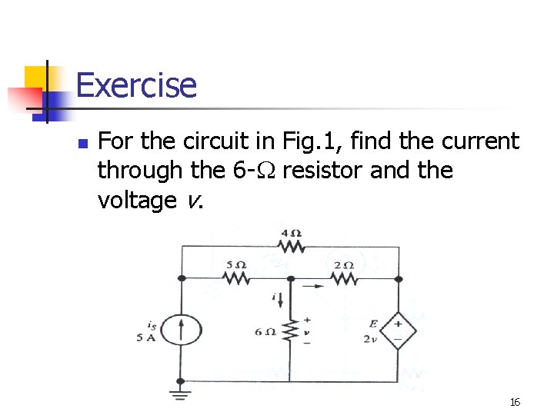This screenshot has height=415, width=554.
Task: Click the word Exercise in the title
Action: pyautogui.click(x=136, y=85)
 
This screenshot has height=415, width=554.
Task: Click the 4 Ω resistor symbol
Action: pyautogui.click(x=291, y=247)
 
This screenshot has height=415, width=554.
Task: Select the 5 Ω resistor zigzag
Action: pyautogui.click(x=235, y=278)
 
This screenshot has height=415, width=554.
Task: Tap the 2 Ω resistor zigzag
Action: pyautogui.click(x=344, y=278)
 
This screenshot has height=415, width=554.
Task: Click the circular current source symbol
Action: pyautogui.click(x=181, y=330)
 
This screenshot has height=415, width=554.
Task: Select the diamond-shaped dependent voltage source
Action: pyautogui.click(x=399, y=331)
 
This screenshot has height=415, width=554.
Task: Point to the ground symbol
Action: pyautogui.click(x=181, y=396)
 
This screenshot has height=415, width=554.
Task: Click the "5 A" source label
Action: pyautogui.click(x=146, y=339)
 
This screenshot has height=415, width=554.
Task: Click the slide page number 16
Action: pyautogui.click(x=515, y=402)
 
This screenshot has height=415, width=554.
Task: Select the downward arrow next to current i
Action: pyautogui.click(x=279, y=297)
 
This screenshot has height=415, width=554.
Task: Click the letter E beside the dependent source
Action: pyautogui.click(x=373, y=324)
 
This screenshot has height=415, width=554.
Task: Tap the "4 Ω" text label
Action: pyautogui.click(x=291, y=233)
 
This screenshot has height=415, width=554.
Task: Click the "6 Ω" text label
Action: pyautogui.click(x=265, y=332)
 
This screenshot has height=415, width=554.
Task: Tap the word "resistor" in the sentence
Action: pyautogui.click(x=323, y=171)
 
